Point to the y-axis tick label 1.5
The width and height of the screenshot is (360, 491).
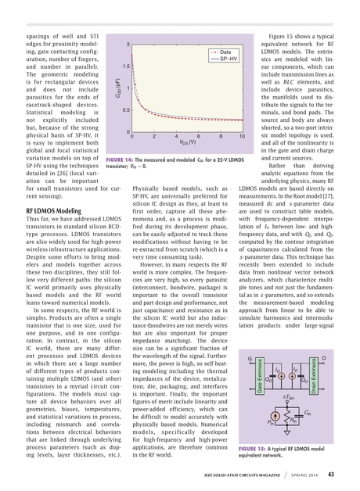pos(125,68)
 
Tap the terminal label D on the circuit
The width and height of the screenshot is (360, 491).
pos(344,359)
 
